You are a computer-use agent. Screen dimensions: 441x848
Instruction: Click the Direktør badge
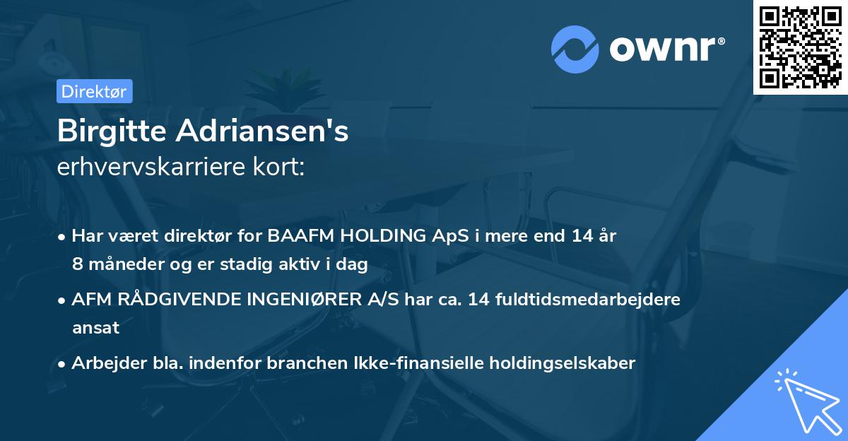coord(94,91)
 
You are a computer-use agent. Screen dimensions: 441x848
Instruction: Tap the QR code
coord(800,47)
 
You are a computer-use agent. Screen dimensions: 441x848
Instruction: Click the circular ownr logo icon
coord(575,49)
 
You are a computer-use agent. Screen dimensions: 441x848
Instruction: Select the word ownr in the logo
coord(665,49)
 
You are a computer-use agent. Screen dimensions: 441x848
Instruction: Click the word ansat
coord(95,328)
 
